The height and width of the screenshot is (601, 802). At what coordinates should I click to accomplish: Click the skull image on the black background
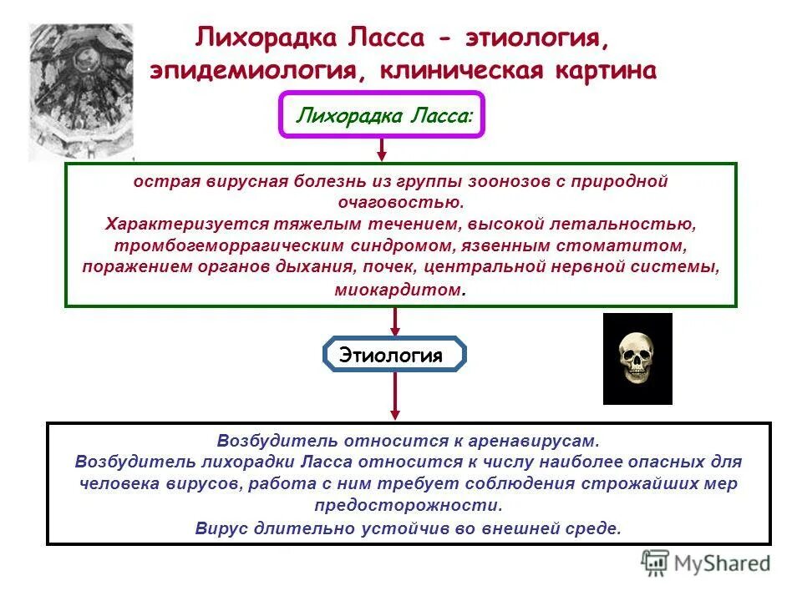click(637, 359)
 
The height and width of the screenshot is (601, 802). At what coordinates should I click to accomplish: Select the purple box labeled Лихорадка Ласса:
click(381, 114)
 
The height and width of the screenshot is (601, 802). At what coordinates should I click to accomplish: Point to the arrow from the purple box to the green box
click(382, 149)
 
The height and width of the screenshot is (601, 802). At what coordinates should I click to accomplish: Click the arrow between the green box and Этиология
click(396, 321)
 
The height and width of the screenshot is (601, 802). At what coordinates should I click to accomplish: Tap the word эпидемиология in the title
click(254, 71)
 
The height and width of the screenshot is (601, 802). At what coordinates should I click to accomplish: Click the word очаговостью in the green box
click(400, 202)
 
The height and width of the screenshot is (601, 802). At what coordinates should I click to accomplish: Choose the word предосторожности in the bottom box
click(409, 505)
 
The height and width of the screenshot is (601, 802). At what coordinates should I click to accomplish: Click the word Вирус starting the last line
click(220, 528)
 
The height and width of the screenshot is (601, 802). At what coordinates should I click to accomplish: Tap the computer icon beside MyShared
click(656, 563)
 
